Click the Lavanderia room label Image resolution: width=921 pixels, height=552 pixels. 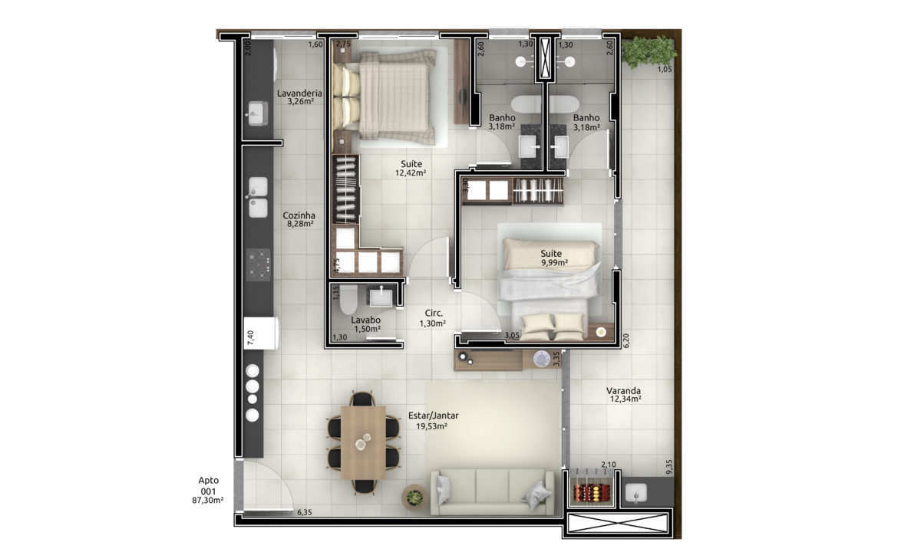click(299, 97)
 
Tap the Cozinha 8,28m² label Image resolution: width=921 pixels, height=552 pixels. click(299, 219)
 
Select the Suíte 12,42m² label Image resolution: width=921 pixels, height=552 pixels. click(411, 169)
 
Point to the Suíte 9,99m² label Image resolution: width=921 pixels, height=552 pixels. click(554, 258)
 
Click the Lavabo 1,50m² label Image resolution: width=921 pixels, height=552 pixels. click(366, 324)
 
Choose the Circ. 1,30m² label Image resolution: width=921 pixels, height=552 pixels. click(433, 318)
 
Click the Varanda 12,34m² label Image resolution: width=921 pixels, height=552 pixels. click(624, 395)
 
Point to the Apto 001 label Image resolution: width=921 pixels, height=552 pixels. click(208, 491)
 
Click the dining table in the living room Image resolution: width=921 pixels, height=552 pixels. click(363, 443)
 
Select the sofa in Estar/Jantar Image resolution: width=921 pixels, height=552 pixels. click(492, 492)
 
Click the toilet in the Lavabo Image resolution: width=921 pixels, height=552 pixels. click(349, 300)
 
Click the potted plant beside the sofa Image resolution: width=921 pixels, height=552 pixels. click(414, 498)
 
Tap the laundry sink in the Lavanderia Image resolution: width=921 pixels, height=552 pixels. click(257, 113)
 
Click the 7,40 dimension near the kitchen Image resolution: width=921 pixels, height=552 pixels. click(250, 337)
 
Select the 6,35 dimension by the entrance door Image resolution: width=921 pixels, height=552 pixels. click(305, 512)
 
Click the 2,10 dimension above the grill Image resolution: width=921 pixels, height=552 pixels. click(609, 465)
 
